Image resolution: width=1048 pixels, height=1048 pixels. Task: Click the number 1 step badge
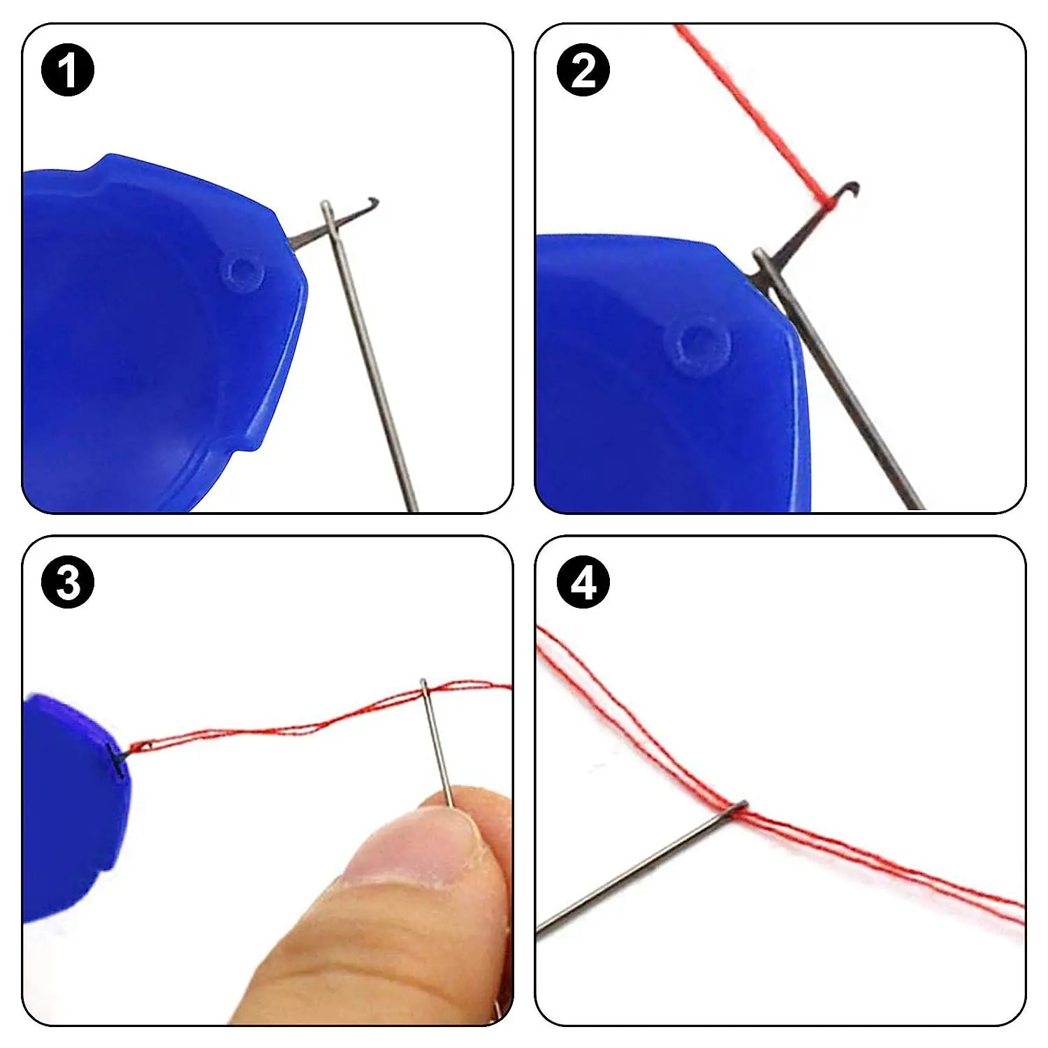tap(68, 70)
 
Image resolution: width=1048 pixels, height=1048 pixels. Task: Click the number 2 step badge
tap(583, 70)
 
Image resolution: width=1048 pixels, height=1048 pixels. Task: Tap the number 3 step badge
tap(68, 581)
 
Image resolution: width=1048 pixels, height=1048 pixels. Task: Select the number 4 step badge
tap(583, 581)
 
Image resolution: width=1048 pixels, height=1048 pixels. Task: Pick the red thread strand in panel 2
tap(748, 105)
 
